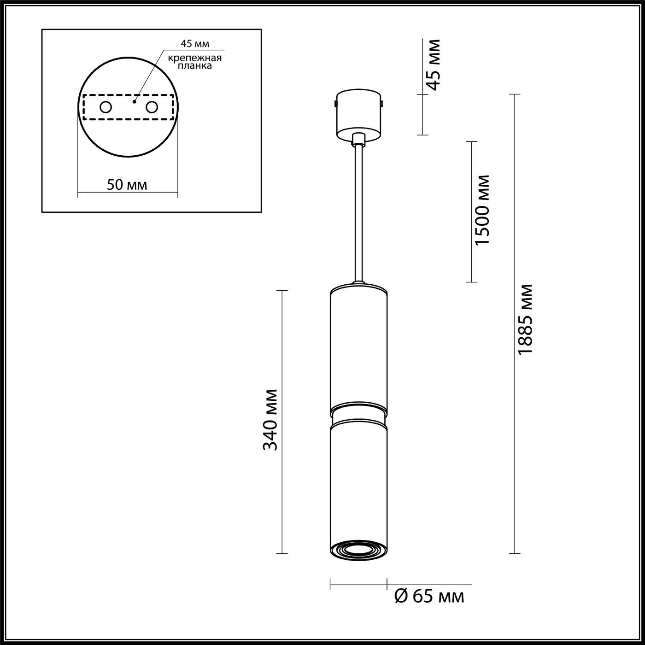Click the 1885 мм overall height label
tap(525, 319)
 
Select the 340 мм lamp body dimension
tap(270, 420)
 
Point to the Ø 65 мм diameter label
tap(429, 597)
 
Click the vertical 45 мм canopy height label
tap(433, 65)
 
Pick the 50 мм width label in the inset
tap(127, 185)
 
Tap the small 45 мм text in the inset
tap(194, 44)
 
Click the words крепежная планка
tap(194, 62)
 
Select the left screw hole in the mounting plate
tap(106, 107)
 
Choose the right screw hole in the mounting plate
tap(152, 107)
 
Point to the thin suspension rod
tap(358, 212)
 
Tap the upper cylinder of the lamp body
tap(358, 348)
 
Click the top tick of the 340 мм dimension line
tap(281, 291)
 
